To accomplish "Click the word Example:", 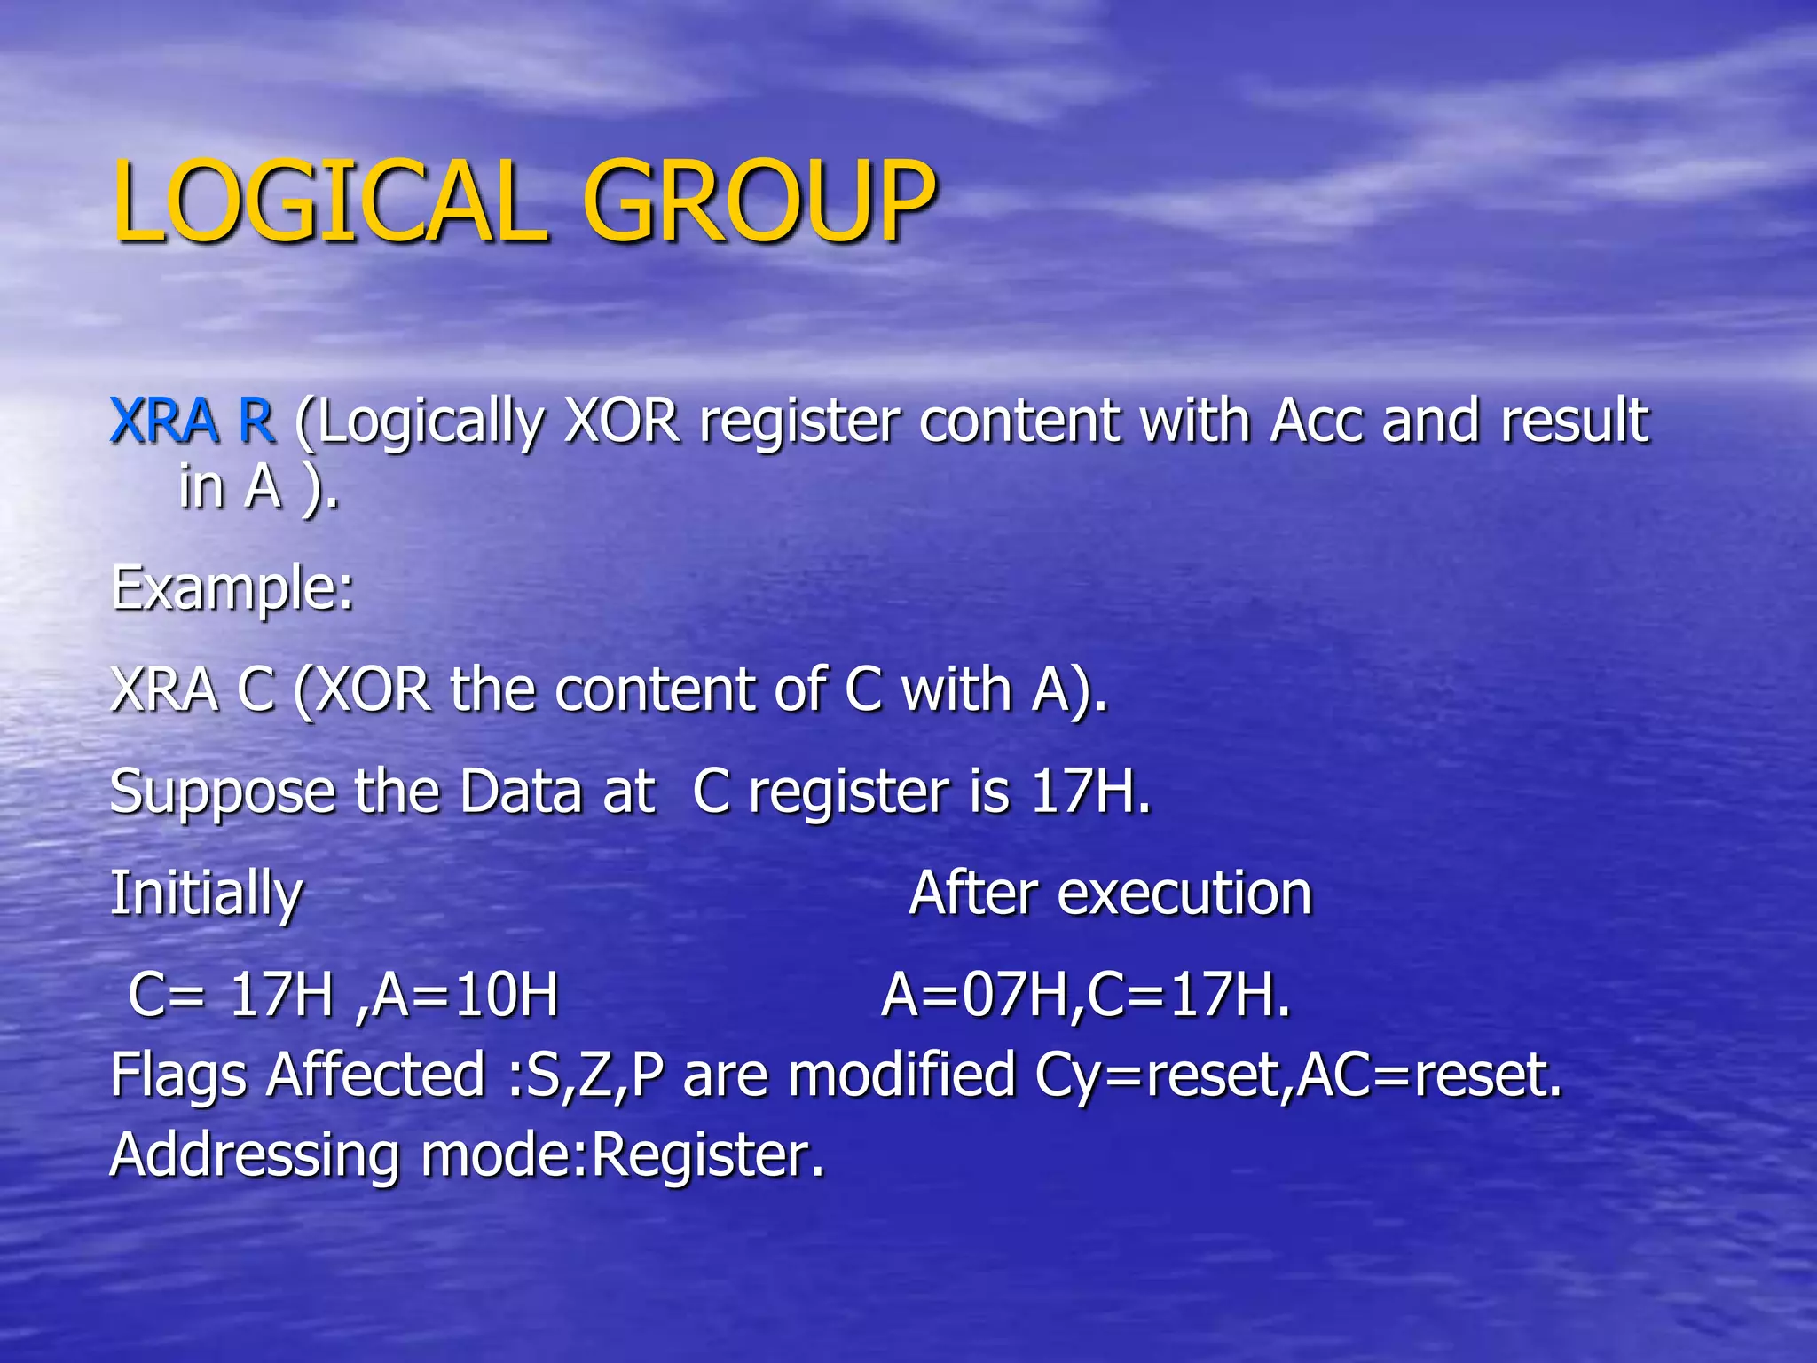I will tap(232, 587).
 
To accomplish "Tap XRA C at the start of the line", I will tap(192, 689).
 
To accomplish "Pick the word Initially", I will tap(206, 894).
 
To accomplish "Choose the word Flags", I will tap(177, 1075).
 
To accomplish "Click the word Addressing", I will tap(254, 1155).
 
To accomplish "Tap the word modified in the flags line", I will tap(901, 1075).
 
